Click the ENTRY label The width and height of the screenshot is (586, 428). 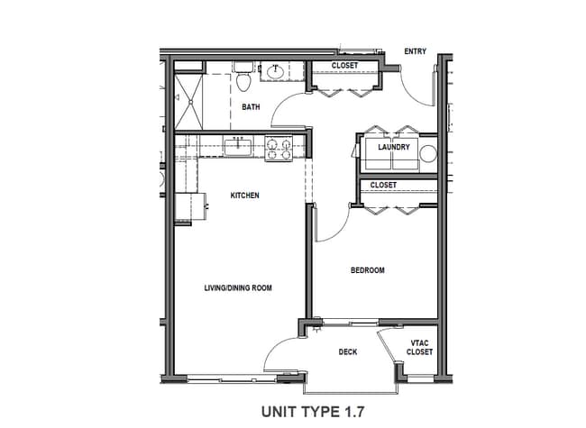point(415,51)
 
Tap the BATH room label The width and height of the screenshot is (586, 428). point(251,107)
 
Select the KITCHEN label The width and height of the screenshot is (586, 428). point(244,196)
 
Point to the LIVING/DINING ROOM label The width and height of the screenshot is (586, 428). point(236,288)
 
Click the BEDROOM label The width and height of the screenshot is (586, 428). point(368,270)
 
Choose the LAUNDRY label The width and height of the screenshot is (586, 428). point(394,148)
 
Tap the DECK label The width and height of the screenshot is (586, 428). point(349,352)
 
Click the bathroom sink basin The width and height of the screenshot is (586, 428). point(274,71)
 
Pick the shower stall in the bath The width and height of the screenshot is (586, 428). point(190,101)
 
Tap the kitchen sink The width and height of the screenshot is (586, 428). point(238,146)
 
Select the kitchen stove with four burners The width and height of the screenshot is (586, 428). point(279,147)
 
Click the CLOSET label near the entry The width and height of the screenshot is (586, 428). point(343,66)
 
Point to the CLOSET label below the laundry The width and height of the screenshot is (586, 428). point(383,186)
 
